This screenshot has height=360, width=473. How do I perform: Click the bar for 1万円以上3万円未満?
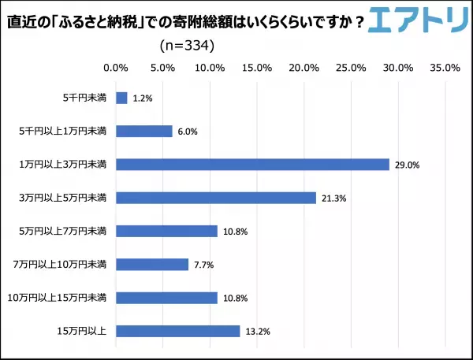tap(252, 165)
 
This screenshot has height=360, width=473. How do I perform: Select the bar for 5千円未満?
tap(121, 98)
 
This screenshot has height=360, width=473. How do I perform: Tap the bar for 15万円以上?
tap(177, 331)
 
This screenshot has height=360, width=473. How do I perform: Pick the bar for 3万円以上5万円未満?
tap(216, 198)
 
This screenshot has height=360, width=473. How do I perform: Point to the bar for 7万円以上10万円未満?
tap(152, 265)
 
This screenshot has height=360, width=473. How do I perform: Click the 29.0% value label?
tap(408, 165)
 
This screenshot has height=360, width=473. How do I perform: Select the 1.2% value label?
tap(142, 98)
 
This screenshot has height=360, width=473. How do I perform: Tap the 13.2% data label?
tap(258, 332)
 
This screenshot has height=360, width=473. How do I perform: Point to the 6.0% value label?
tap(186, 132)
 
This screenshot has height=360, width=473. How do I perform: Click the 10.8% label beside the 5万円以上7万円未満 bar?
tap(235, 232)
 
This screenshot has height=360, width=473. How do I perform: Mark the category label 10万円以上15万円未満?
tap(69, 298)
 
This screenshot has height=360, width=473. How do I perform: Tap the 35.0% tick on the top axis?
tap(445, 68)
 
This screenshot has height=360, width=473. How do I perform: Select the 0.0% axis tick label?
tap(116, 68)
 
